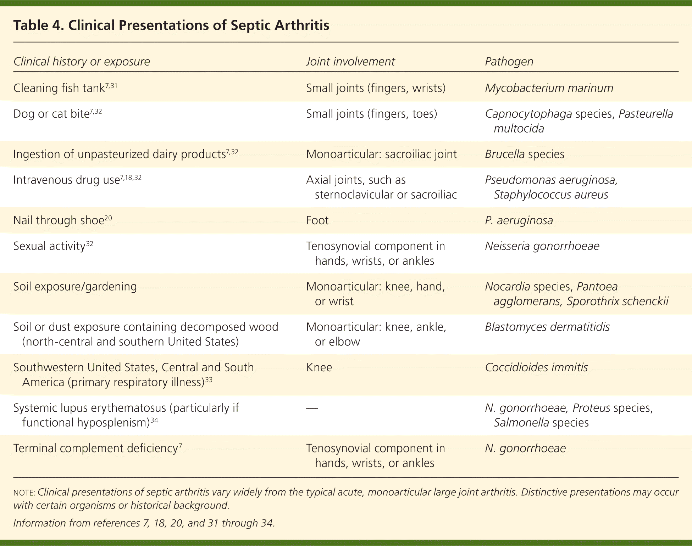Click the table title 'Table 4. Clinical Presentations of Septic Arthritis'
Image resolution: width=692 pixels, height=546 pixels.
(x=171, y=26)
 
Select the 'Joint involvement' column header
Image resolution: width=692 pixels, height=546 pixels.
(x=350, y=62)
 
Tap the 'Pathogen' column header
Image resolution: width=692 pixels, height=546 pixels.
(x=509, y=62)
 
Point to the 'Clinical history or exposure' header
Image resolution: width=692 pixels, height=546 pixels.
(x=82, y=62)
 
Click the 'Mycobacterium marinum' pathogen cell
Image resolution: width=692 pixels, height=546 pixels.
(x=549, y=88)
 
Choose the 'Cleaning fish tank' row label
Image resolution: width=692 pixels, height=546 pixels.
(x=59, y=88)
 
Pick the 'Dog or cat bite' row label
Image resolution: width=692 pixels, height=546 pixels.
(x=51, y=114)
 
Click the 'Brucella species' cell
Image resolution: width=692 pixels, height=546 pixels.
(x=524, y=154)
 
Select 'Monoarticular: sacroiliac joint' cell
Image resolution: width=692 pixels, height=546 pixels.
(x=381, y=154)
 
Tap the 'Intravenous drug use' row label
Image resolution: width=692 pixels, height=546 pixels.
(x=66, y=180)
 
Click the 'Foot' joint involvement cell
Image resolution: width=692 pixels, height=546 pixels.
(x=317, y=220)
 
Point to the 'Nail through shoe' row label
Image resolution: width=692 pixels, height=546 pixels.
(x=59, y=220)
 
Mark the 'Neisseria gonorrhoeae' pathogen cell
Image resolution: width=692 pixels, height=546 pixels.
(x=542, y=246)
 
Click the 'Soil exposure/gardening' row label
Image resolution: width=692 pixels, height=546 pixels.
(x=75, y=286)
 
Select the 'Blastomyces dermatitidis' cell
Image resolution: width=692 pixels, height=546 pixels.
(x=547, y=327)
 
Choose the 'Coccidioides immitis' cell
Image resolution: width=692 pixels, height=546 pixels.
(x=536, y=367)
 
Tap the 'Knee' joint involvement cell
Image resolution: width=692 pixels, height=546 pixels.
(x=319, y=367)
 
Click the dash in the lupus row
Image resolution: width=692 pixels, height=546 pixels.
(x=312, y=408)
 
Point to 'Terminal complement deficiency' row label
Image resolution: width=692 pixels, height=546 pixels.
(x=95, y=448)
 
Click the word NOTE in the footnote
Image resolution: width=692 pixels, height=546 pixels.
(x=23, y=493)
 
